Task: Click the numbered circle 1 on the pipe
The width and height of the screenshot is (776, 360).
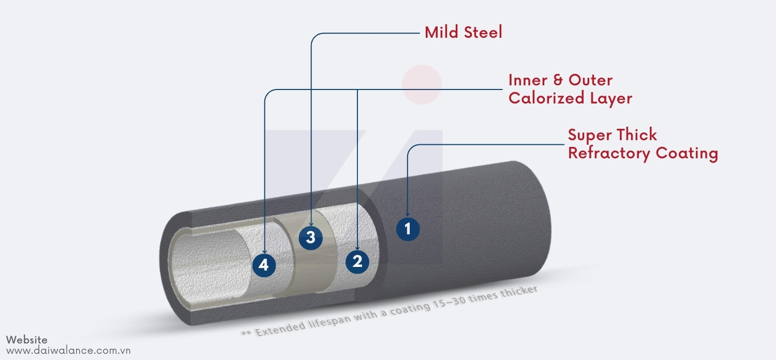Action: pyautogui.click(x=408, y=229)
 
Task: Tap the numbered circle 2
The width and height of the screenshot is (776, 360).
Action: pyautogui.click(x=357, y=261)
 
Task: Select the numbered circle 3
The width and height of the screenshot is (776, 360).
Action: pyautogui.click(x=310, y=237)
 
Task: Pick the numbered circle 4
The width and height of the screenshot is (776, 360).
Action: pyautogui.click(x=264, y=265)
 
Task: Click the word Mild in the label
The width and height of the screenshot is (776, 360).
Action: pyautogui.click(x=440, y=33)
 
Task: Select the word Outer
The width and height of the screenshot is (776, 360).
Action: pyautogui.click(x=590, y=80)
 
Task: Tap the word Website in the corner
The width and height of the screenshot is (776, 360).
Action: pyautogui.click(x=27, y=340)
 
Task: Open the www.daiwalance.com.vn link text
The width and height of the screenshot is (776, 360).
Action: pyautogui.click(x=68, y=351)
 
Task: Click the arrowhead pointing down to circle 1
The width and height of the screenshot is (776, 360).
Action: pyautogui.click(x=408, y=212)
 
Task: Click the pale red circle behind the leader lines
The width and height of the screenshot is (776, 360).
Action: pyautogui.click(x=422, y=84)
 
